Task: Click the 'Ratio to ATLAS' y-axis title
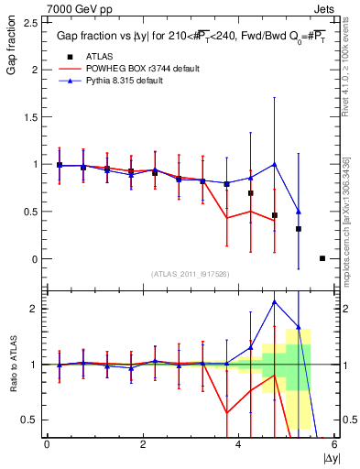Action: pos(12,365)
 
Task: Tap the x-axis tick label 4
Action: pos(239,444)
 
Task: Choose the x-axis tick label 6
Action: pos(334,444)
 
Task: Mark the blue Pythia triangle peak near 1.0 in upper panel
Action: pos(275,165)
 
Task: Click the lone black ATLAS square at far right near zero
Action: pos(322,258)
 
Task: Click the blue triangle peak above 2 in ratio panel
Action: pos(275,301)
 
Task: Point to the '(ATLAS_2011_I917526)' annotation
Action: pos(190,274)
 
